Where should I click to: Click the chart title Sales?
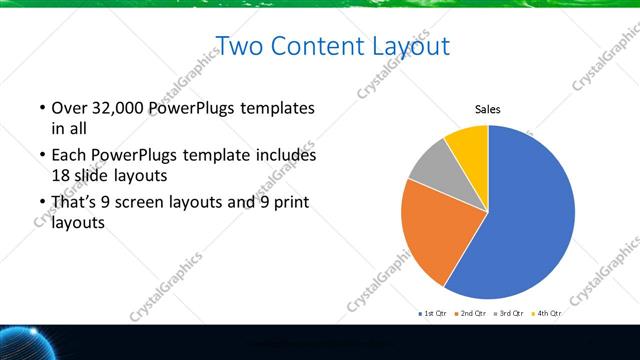point(487,110)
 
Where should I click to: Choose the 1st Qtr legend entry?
point(434,314)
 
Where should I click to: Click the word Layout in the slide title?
point(413,46)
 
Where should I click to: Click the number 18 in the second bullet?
point(61,174)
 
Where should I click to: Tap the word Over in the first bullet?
point(68,108)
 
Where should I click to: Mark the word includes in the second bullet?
point(287,156)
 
